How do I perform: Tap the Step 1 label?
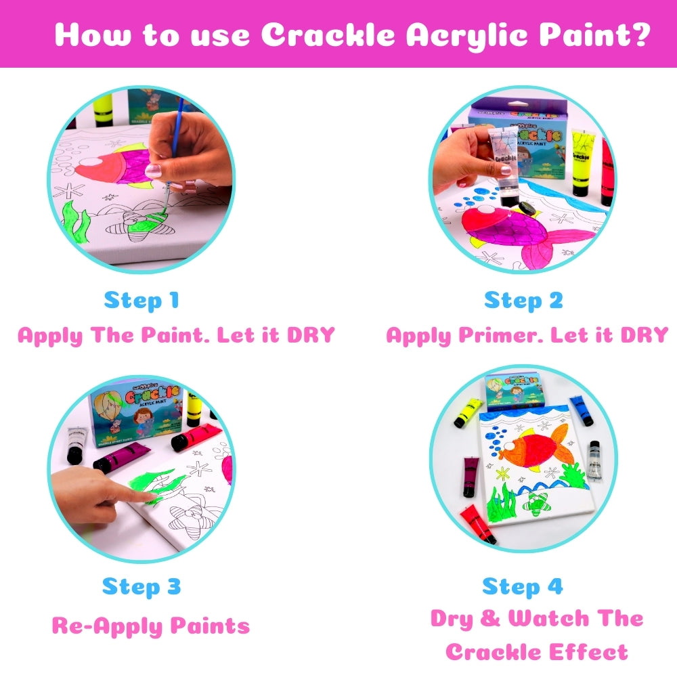[141, 301]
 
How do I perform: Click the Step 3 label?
[141, 587]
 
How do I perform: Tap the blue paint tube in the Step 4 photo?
[581, 410]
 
